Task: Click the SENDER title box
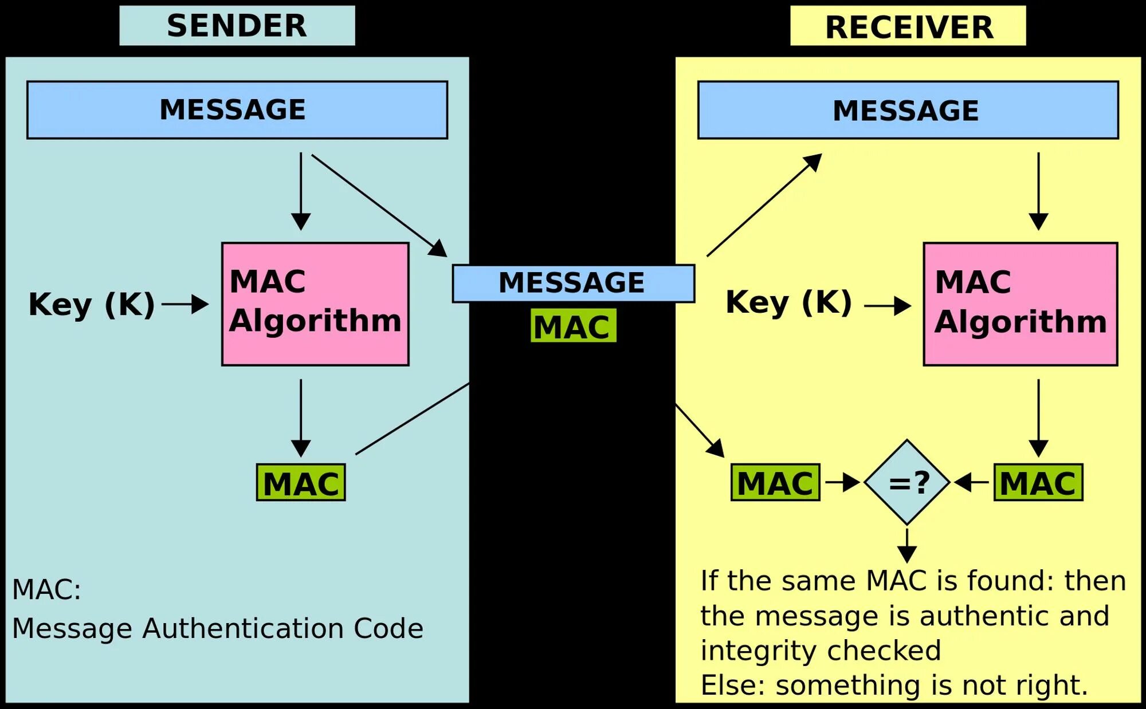point(237,26)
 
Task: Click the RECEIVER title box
point(908,26)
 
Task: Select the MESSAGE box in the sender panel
point(237,110)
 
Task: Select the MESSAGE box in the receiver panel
point(908,110)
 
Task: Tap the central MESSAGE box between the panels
point(573,283)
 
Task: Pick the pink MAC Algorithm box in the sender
point(315,304)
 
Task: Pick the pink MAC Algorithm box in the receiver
point(1020,304)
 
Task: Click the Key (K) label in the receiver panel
point(788,302)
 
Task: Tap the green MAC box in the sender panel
point(301,483)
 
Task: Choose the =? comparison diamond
point(907,482)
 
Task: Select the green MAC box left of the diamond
point(775,483)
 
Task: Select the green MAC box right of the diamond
point(1038,483)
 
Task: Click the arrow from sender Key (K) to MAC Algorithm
point(185,304)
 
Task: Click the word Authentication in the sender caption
point(246,629)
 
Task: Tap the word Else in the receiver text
point(729,686)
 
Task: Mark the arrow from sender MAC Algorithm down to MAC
point(301,417)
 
